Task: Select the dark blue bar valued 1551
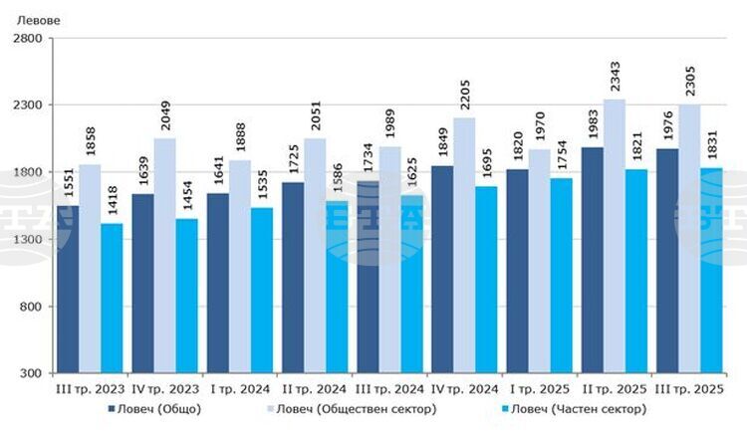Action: tap(67, 289)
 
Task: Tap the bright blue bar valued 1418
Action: tap(112, 298)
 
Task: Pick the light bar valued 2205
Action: tap(464, 245)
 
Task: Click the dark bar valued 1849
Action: tap(442, 269)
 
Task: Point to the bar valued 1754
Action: tap(561, 275)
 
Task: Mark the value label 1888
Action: tap(240, 140)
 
